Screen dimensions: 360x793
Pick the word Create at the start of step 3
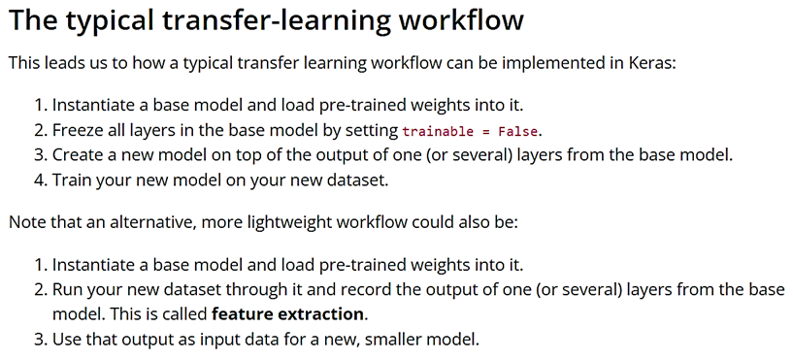[79, 155]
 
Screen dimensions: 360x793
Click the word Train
[73, 180]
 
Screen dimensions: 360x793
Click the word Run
[67, 289]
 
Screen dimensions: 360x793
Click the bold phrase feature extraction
[288, 314]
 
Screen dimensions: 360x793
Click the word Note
[27, 222]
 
